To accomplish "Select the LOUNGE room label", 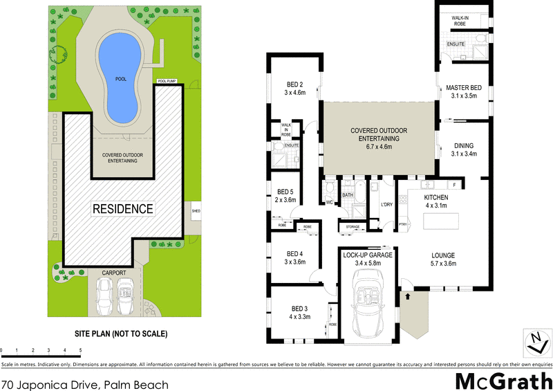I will point(442,258).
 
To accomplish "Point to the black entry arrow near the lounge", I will point(408,295).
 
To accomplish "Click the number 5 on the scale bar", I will point(81,351).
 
